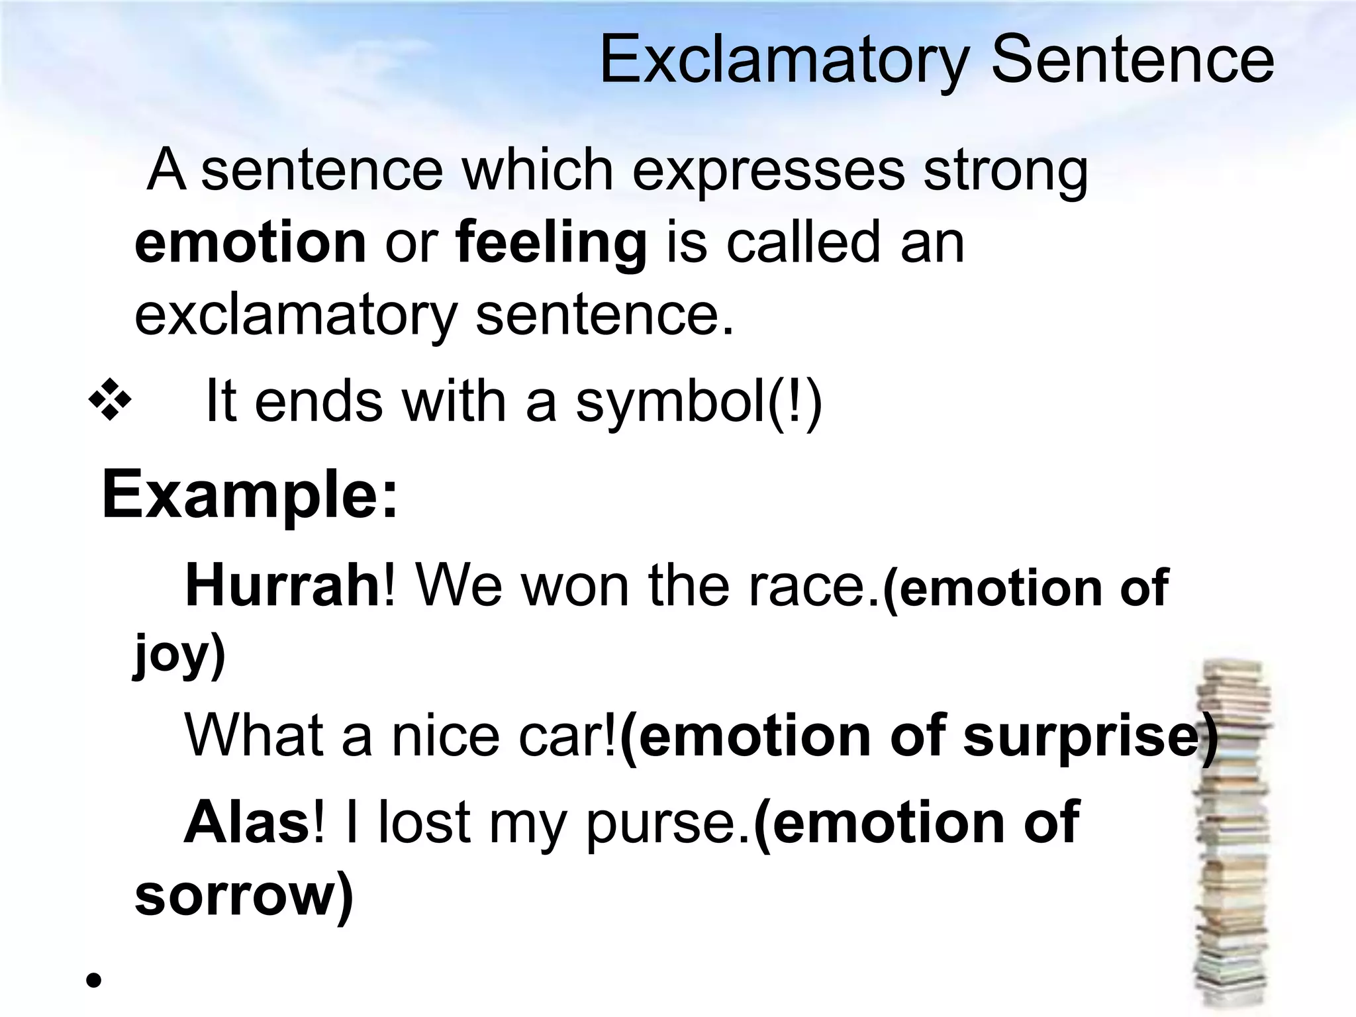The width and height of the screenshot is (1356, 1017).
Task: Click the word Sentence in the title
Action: (x=1132, y=61)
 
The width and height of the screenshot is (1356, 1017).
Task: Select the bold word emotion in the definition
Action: (x=250, y=242)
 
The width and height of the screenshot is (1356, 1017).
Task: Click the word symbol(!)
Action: (x=699, y=403)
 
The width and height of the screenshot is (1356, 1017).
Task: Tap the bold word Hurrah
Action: (x=282, y=586)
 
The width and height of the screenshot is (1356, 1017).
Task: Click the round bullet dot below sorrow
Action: (x=93, y=980)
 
